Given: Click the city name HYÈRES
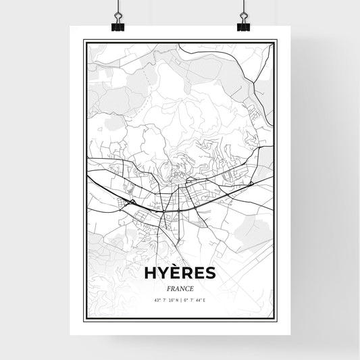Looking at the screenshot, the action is [x=180, y=272].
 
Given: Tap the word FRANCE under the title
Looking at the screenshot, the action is [x=180, y=288].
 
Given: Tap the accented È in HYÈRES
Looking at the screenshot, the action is [x=174, y=272].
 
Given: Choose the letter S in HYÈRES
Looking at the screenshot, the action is [x=210, y=272].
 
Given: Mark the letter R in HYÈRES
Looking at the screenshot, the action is [x=186, y=272].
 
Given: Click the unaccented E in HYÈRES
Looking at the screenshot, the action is [x=199, y=272].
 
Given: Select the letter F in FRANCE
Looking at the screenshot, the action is [x=166, y=288].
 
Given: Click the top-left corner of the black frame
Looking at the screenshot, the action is [x=83, y=40].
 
